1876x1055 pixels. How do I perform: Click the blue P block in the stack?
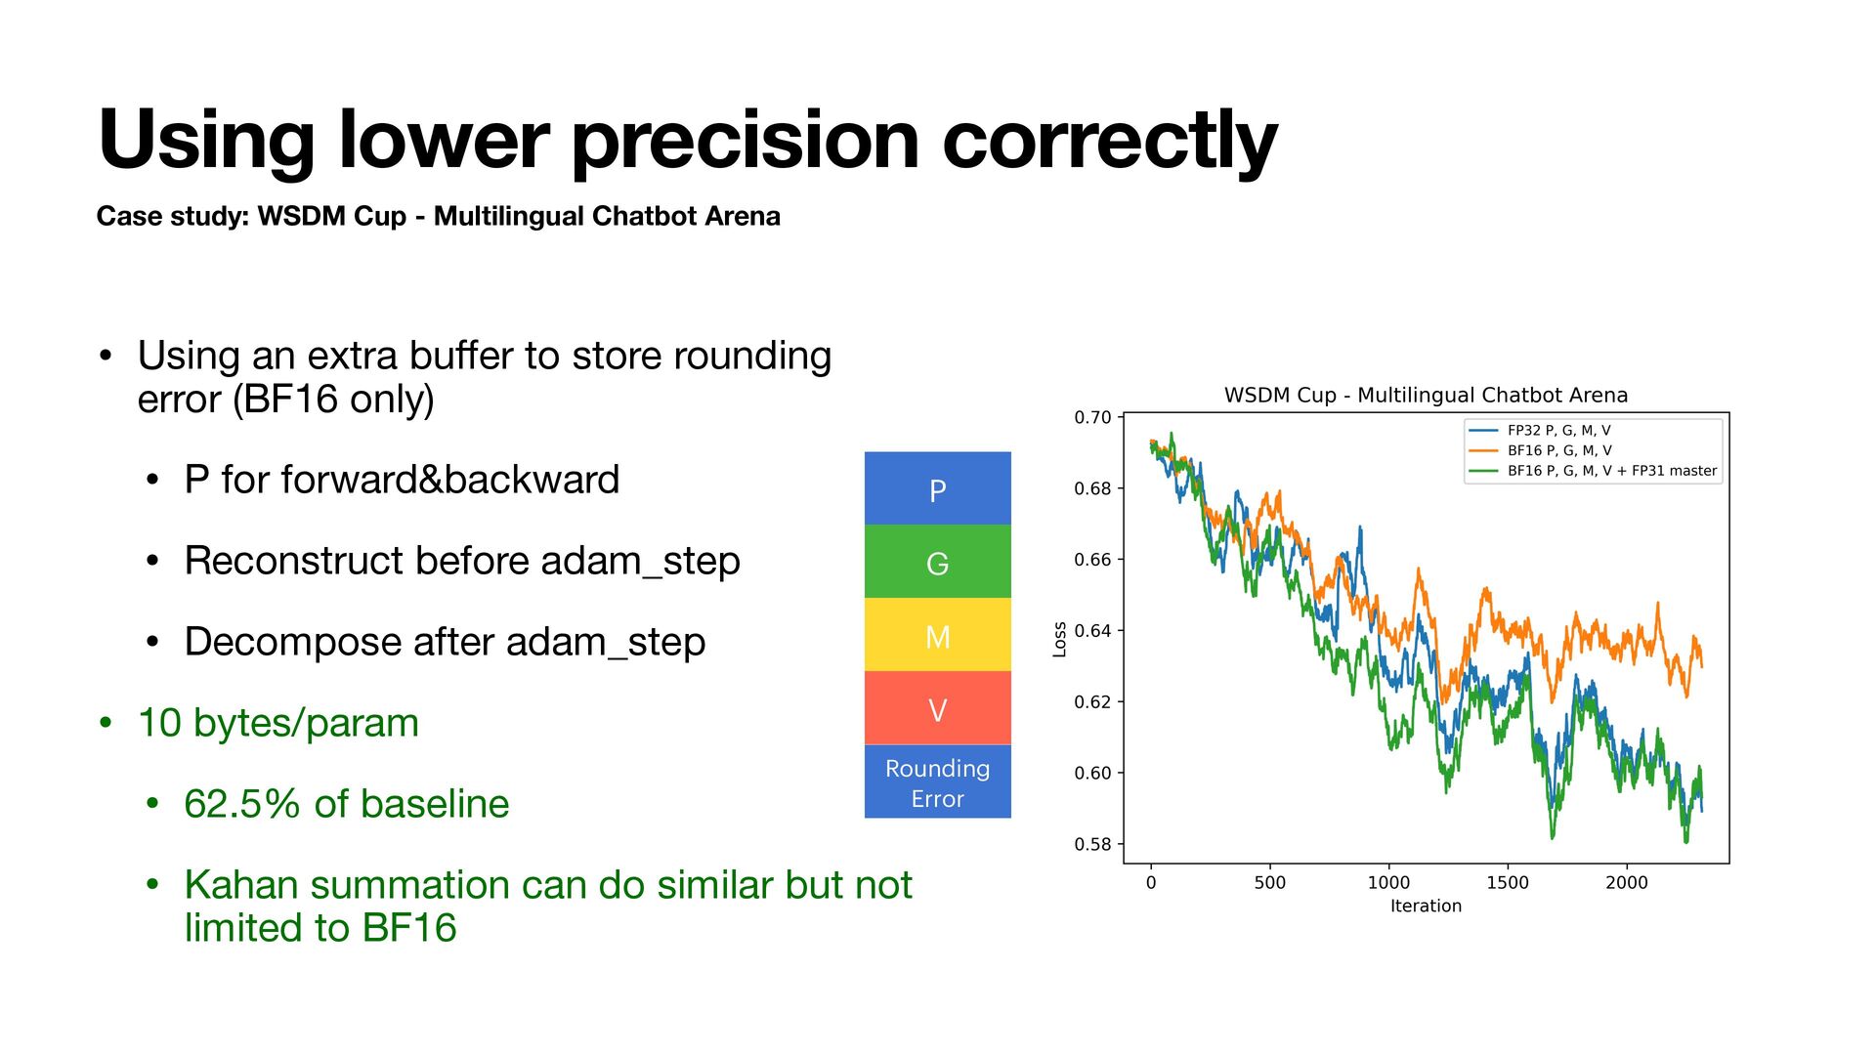(937, 488)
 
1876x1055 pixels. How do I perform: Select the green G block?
(937, 562)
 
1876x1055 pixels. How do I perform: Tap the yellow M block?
(937, 635)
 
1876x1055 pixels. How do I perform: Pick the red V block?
(937, 708)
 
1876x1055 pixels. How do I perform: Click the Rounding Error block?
(937, 781)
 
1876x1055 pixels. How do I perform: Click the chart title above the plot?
(1426, 396)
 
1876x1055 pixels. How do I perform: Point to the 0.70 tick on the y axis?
(1092, 417)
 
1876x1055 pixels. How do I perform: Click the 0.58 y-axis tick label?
(1092, 844)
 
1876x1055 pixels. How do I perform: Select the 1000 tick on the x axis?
(1388, 882)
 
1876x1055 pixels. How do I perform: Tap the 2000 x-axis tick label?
(1627, 882)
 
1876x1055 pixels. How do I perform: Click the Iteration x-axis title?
(1426, 907)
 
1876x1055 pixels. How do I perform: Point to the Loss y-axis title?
(1059, 639)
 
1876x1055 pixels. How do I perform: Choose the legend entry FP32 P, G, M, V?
(1558, 430)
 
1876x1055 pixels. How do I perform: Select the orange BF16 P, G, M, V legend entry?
(1559, 450)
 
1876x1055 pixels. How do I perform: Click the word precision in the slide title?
(745, 141)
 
